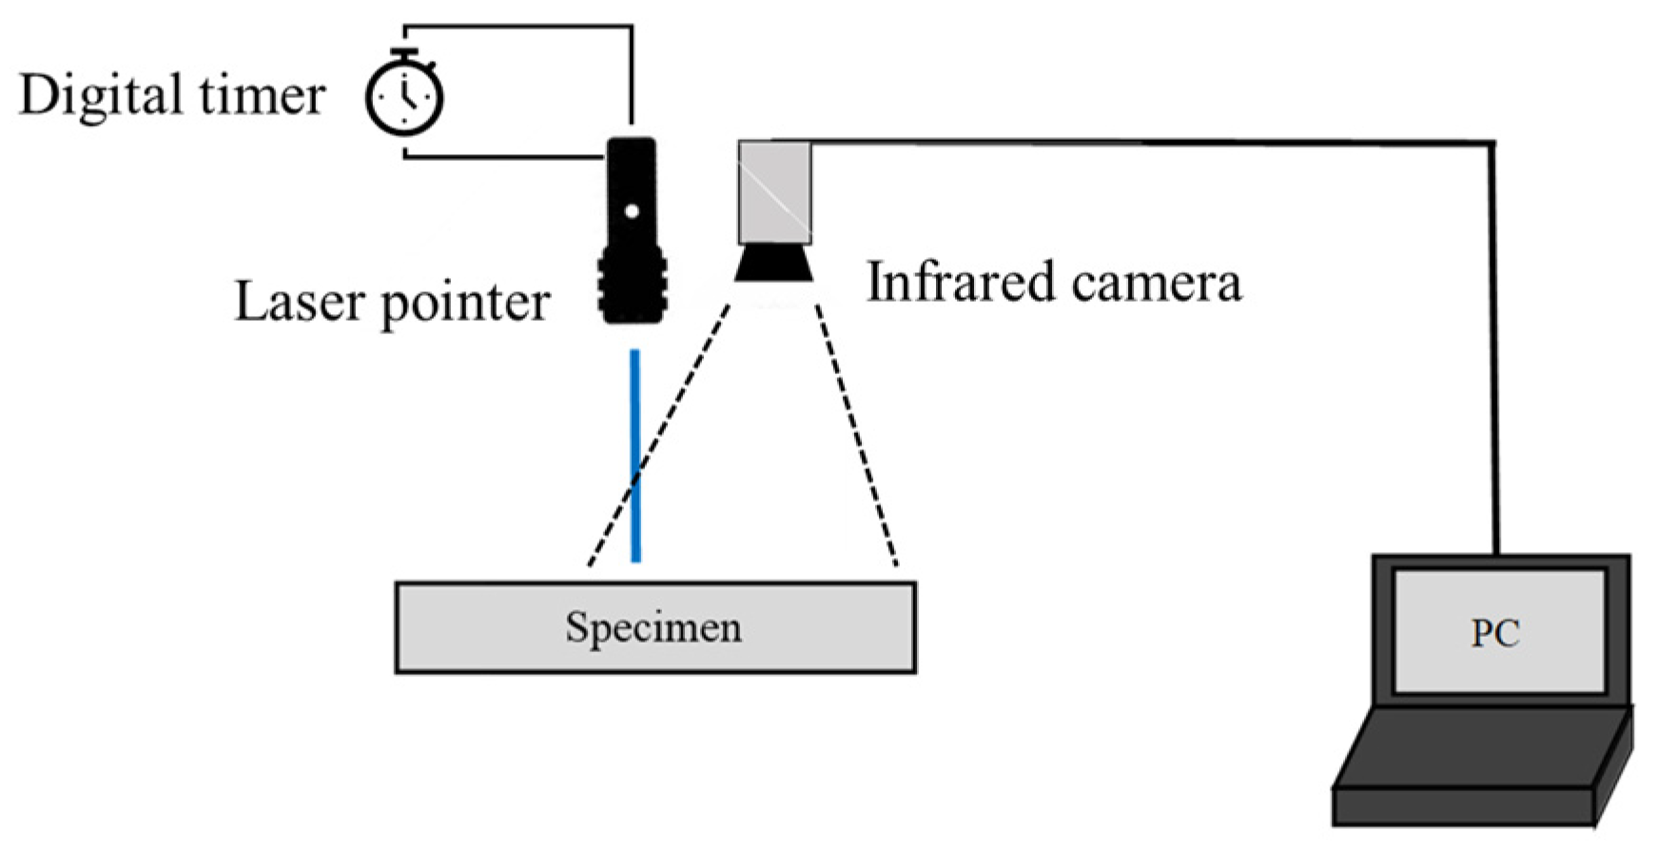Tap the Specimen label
pyautogui.click(x=653, y=627)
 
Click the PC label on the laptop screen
pyautogui.click(x=1495, y=633)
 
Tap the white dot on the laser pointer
pyautogui.click(x=632, y=211)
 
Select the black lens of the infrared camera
pyautogui.click(x=774, y=263)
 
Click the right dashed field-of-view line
pyautogui.click(x=856, y=438)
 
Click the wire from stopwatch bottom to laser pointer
pyautogui.click(x=504, y=157)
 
